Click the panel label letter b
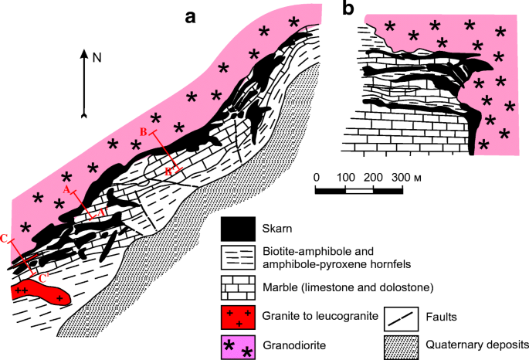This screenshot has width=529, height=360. [x=348, y=9]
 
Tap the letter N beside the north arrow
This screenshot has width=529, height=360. [x=97, y=56]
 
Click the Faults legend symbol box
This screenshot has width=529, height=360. [x=402, y=315]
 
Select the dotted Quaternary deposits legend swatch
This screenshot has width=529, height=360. [x=402, y=345]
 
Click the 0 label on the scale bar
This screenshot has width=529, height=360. [x=317, y=178]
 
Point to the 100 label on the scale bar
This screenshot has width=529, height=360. [x=344, y=178]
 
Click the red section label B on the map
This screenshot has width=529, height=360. [x=144, y=131]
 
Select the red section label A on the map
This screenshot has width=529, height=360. [x=66, y=188]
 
